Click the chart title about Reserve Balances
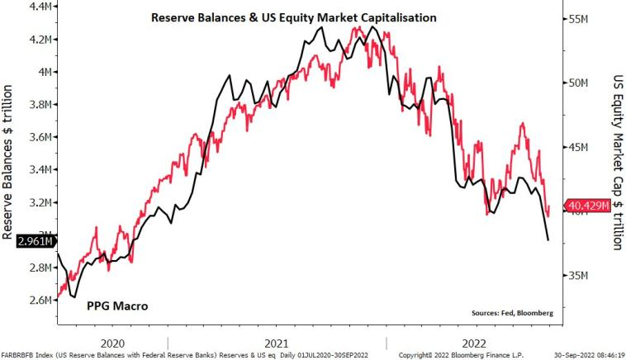(293, 17)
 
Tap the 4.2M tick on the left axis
(40, 39)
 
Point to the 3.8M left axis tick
(40, 104)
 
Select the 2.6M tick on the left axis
(40, 300)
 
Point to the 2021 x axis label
(277, 342)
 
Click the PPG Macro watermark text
(117, 306)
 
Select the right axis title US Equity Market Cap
(614, 161)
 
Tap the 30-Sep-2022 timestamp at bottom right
(589, 355)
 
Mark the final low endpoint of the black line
(548, 240)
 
